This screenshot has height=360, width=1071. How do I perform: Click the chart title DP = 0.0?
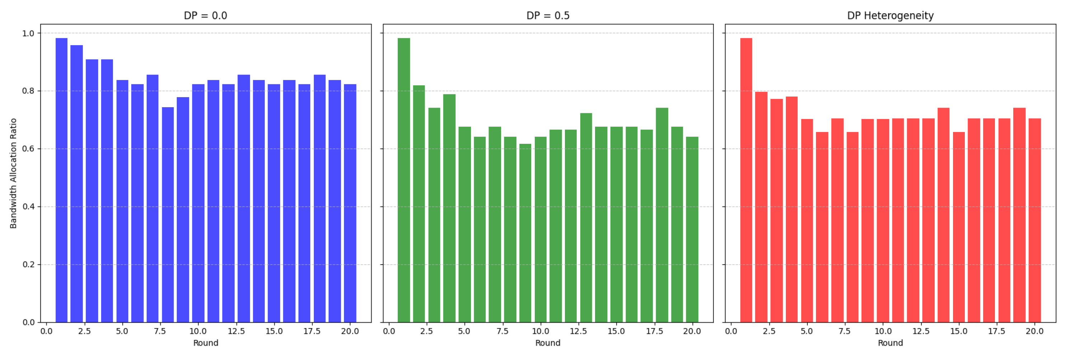[x=206, y=15]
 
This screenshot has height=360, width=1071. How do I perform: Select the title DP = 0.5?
[x=548, y=15]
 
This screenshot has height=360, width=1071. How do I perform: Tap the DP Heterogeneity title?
[x=890, y=15]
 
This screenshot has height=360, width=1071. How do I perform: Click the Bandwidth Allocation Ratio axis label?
[x=13, y=173]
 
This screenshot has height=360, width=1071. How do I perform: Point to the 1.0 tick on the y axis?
[x=28, y=33]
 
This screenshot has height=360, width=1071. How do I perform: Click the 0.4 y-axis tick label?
[x=28, y=207]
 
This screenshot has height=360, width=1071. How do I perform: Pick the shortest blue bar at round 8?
[x=168, y=214]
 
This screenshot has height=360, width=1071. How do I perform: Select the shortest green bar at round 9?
[x=525, y=233]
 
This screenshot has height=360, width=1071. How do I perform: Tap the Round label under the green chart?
[x=548, y=343]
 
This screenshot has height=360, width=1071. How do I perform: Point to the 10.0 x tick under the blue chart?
[x=198, y=331]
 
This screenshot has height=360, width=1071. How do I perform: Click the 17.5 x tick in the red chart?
[x=997, y=331]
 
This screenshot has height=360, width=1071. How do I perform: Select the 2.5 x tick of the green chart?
[x=426, y=331]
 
